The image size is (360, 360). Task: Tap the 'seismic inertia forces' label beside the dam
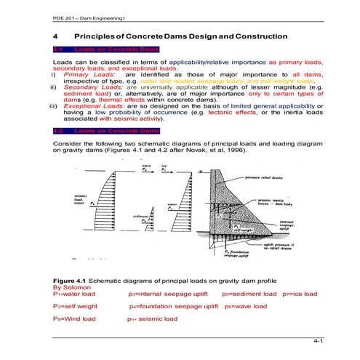(x=273, y=204)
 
